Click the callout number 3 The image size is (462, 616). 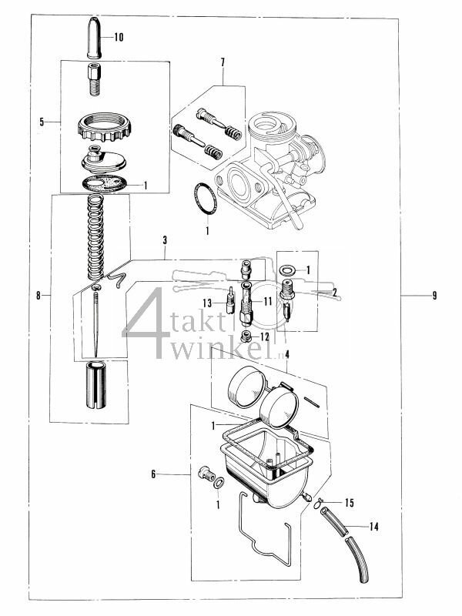(165, 241)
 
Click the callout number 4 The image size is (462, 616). (286, 355)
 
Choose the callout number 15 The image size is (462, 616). (348, 503)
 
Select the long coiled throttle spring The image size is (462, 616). (95, 239)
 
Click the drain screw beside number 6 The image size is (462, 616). (206, 473)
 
